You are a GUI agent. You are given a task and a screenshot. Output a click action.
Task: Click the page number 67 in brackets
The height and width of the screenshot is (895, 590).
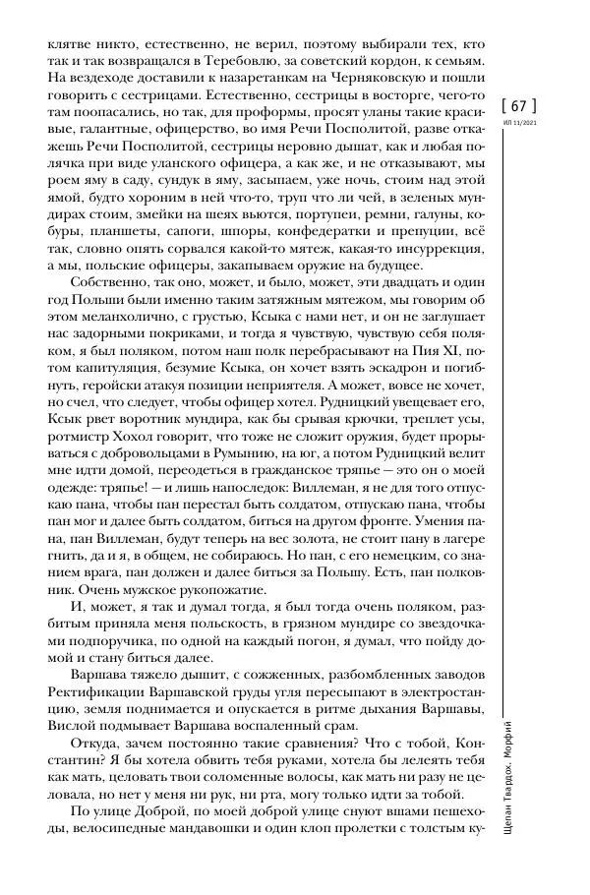coord(520,106)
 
